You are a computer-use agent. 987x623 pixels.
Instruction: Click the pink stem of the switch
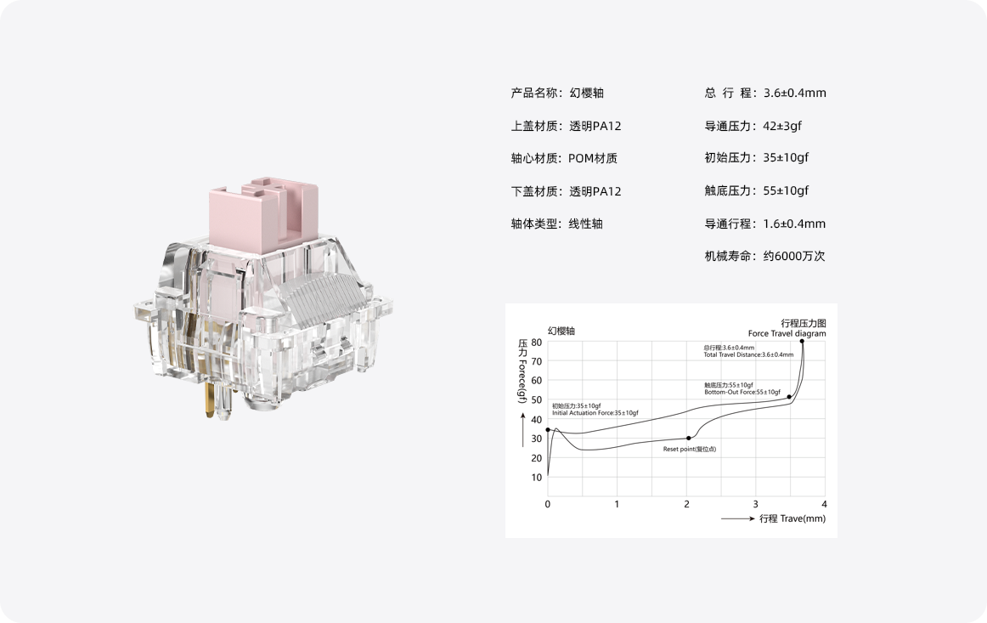pos(263,214)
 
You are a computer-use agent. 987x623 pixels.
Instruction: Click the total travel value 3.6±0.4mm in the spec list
pos(794,93)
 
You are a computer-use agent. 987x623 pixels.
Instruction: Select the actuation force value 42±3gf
pos(782,126)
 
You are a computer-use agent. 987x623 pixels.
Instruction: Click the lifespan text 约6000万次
pos(793,256)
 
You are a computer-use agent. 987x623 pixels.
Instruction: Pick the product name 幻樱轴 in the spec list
pos(587,93)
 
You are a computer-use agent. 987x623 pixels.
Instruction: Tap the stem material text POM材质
pos(593,158)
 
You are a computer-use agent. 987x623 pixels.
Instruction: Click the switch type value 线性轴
pos(586,224)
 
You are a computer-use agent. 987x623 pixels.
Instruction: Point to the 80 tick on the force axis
pos(536,343)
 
